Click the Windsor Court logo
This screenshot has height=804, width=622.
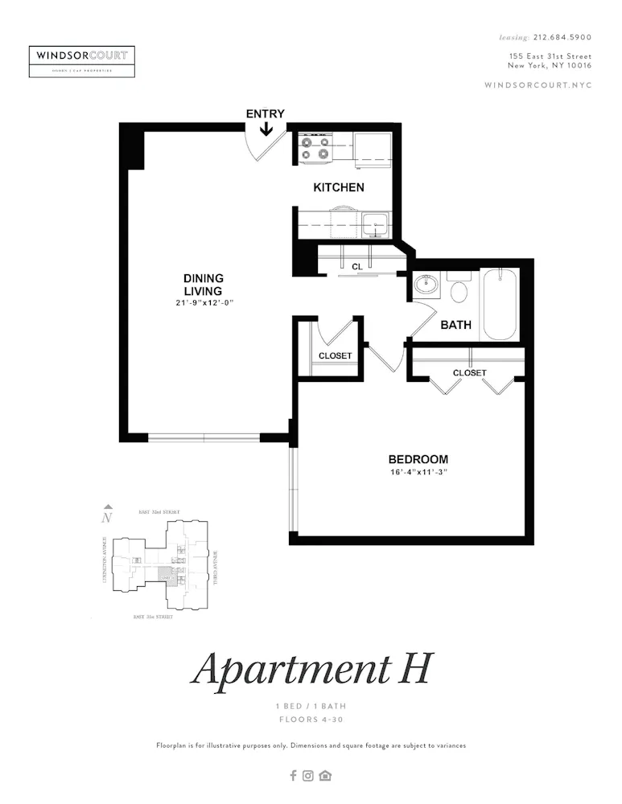(x=81, y=61)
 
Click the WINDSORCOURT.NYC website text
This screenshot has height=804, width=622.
(x=538, y=85)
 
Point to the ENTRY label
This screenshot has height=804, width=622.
(x=265, y=113)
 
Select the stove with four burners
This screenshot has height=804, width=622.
(x=315, y=148)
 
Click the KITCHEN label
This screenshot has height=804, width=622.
(x=339, y=187)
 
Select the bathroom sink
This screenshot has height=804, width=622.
(x=424, y=285)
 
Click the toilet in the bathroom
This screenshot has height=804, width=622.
(x=459, y=289)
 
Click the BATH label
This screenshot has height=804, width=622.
(x=455, y=326)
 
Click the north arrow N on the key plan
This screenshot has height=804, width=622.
(x=106, y=516)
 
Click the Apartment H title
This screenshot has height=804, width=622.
(x=311, y=668)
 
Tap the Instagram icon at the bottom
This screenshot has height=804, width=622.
(x=308, y=776)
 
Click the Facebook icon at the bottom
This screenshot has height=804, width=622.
(x=293, y=776)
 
